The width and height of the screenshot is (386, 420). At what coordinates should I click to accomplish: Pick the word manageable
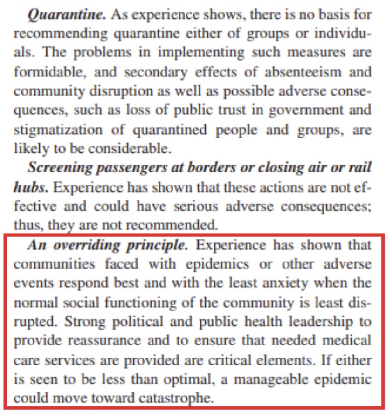tap(272, 379)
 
